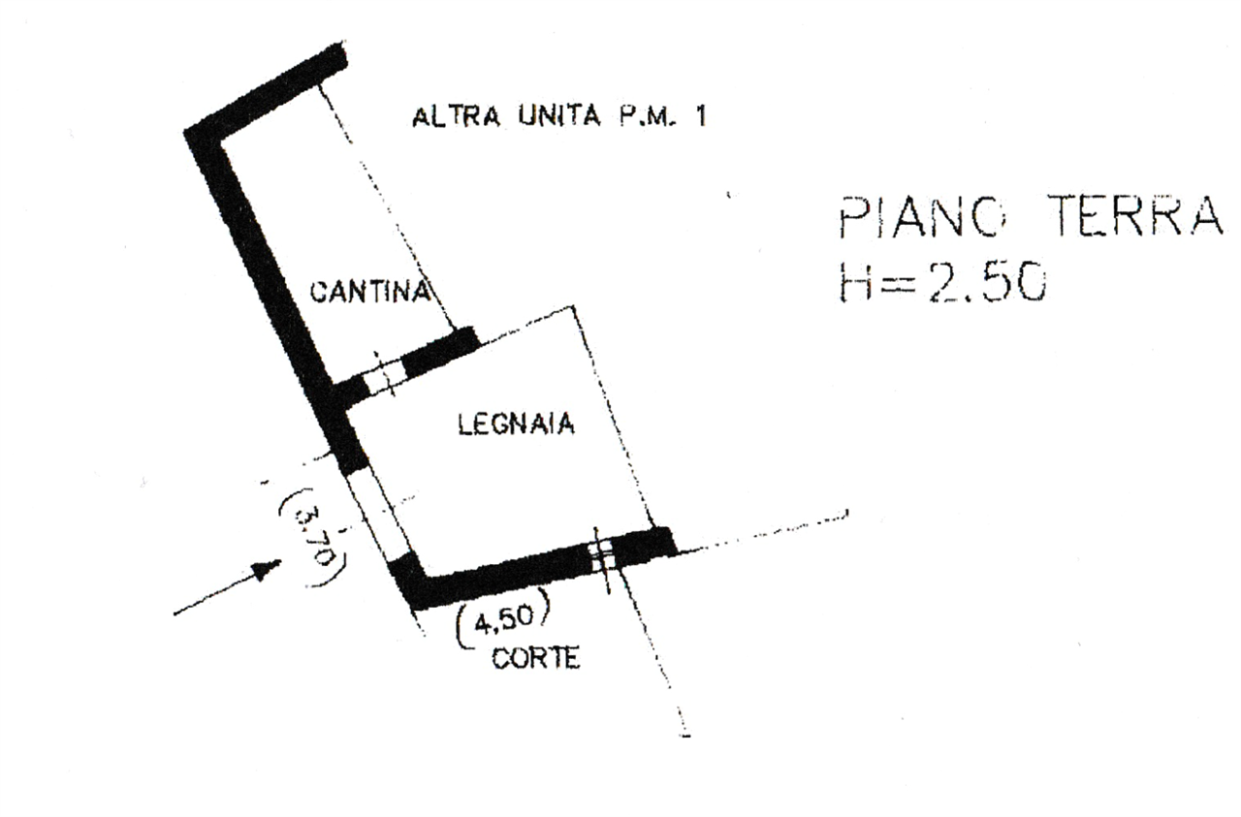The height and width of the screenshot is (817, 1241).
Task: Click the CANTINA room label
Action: (x=370, y=292)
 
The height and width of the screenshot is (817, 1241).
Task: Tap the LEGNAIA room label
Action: (x=516, y=424)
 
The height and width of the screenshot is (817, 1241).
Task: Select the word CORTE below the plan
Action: (x=536, y=659)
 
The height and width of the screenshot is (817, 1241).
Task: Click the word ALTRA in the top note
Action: (x=456, y=117)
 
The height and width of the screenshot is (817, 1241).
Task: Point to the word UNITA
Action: (x=559, y=115)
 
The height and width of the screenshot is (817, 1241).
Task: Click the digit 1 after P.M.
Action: (x=701, y=116)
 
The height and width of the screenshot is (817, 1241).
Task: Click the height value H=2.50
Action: (x=942, y=281)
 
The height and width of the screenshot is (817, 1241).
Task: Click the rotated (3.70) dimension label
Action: (x=314, y=536)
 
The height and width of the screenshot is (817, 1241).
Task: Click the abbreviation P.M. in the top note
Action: (x=647, y=116)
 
